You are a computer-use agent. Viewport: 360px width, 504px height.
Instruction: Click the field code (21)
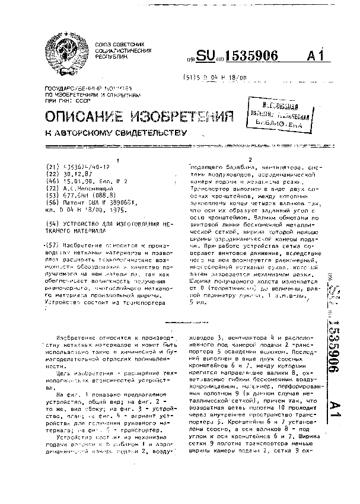pyautogui.click(x=53, y=167)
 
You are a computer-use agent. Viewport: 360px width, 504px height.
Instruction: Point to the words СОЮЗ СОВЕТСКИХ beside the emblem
pyautogui.click(x=121, y=44)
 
